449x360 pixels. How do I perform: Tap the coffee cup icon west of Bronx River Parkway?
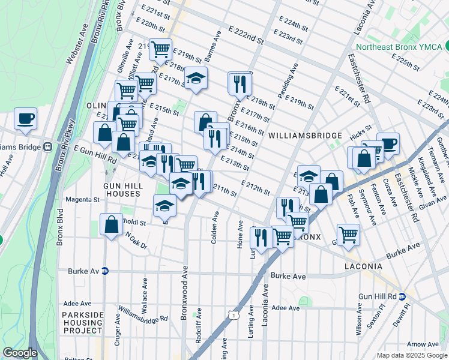[25, 119]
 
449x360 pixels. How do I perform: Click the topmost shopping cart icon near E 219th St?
[160, 50]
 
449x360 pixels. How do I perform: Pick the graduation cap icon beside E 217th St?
[195, 79]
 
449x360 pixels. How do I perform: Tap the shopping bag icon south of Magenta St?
[112, 225]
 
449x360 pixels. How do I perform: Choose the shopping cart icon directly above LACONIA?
[348, 235]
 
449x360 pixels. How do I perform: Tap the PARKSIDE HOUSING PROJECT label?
[82, 323]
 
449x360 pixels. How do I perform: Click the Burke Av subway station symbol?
[104, 271]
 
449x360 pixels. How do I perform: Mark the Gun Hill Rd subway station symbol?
[403, 296]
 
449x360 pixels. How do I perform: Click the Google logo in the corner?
[20, 353]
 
